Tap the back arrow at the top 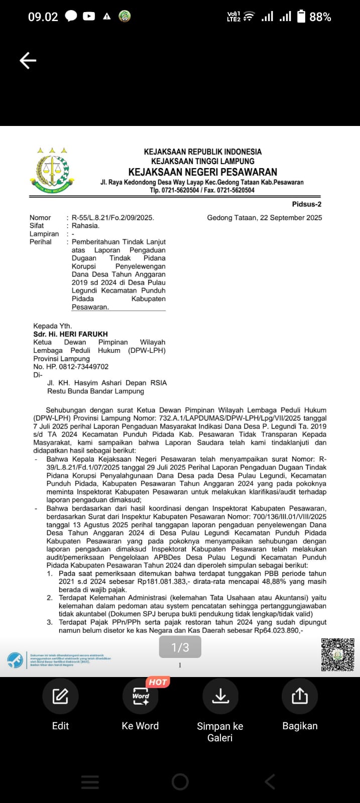click(x=28, y=61)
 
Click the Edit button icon click(x=60, y=696)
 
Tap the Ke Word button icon click(x=140, y=696)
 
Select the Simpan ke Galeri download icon click(x=220, y=696)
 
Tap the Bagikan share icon click(x=300, y=696)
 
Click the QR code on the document click(x=337, y=654)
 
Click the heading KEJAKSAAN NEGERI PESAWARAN click(x=203, y=172)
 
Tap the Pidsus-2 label click(x=306, y=204)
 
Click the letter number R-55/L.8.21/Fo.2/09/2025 click(x=112, y=218)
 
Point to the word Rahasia click(x=85, y=226)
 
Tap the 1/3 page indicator click(x=180, y=647)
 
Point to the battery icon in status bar click(x=301, y=17)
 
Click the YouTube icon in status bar click(x=89, y=17)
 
